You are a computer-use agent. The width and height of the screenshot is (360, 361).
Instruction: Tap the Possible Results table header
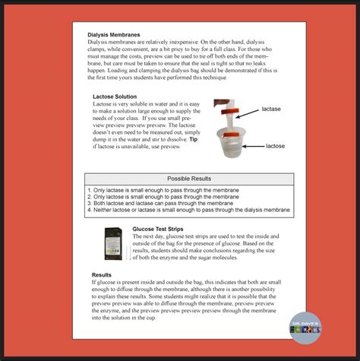[188, 179]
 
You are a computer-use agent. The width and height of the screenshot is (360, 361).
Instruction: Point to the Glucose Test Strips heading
[159, 228]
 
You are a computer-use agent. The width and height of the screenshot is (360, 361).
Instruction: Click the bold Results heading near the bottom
[102, 274]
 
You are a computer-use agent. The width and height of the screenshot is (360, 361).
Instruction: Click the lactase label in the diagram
[271, 109]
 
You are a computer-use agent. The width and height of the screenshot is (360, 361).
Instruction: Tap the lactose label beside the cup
[275, 145]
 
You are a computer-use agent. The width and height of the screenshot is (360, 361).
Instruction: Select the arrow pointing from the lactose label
[251, 145]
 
